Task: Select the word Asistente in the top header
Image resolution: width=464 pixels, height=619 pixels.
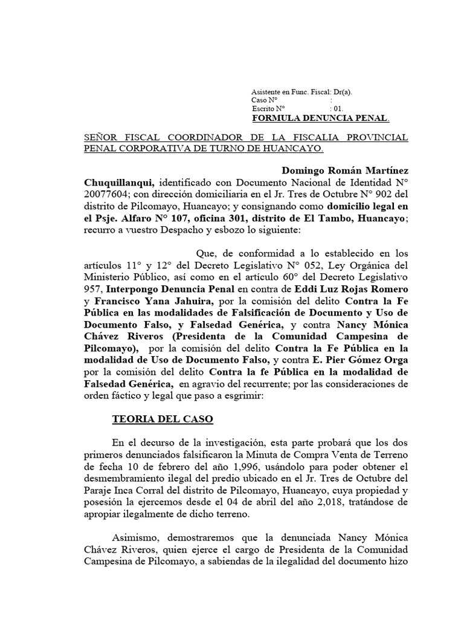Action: click(265, 92)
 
